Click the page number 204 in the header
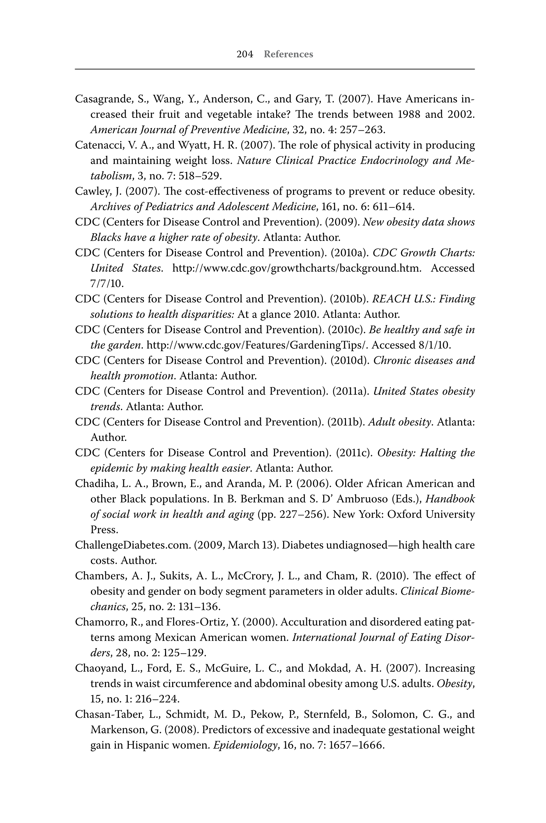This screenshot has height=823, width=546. coord(245,54)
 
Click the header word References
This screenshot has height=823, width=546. coord(288,54)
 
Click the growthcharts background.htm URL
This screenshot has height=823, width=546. coord(297,268)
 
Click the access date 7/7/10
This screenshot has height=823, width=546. coord(107,284)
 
